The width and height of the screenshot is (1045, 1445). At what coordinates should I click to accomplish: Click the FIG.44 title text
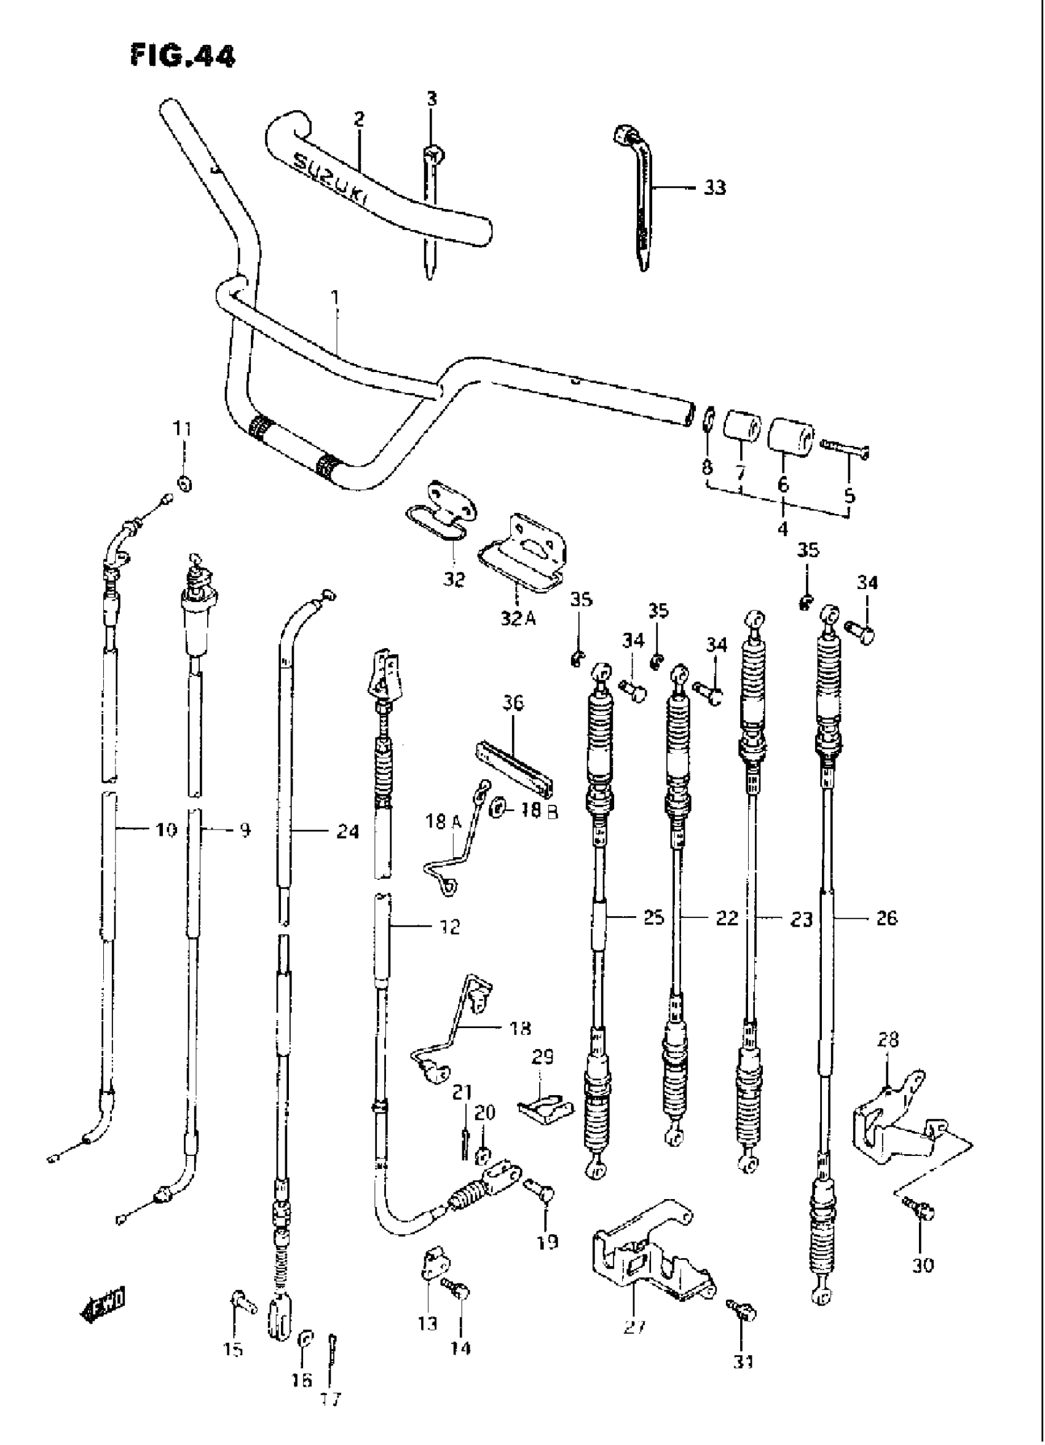(x=182, y=56)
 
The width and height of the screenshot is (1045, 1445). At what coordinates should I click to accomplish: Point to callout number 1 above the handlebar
(x=336, y=299)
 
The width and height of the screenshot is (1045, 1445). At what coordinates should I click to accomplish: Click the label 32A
(x=517, y=618)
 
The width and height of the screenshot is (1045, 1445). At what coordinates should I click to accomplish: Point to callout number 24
(x=348, y=831)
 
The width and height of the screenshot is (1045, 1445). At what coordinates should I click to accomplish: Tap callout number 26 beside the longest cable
(x=886, y=917)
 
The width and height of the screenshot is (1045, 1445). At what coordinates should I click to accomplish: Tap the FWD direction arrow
(x=102, y=1302)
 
